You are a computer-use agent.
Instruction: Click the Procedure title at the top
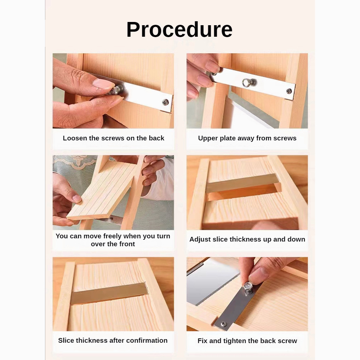(179, 30)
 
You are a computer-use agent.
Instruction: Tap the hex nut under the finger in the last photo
(248, 286)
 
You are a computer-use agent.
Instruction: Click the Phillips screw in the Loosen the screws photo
(165, 102)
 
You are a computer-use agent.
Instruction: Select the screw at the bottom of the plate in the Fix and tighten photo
(224, 324)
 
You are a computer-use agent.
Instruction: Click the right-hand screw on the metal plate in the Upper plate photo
(289, 91)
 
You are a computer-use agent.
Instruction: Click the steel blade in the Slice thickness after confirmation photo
(109, 292)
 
